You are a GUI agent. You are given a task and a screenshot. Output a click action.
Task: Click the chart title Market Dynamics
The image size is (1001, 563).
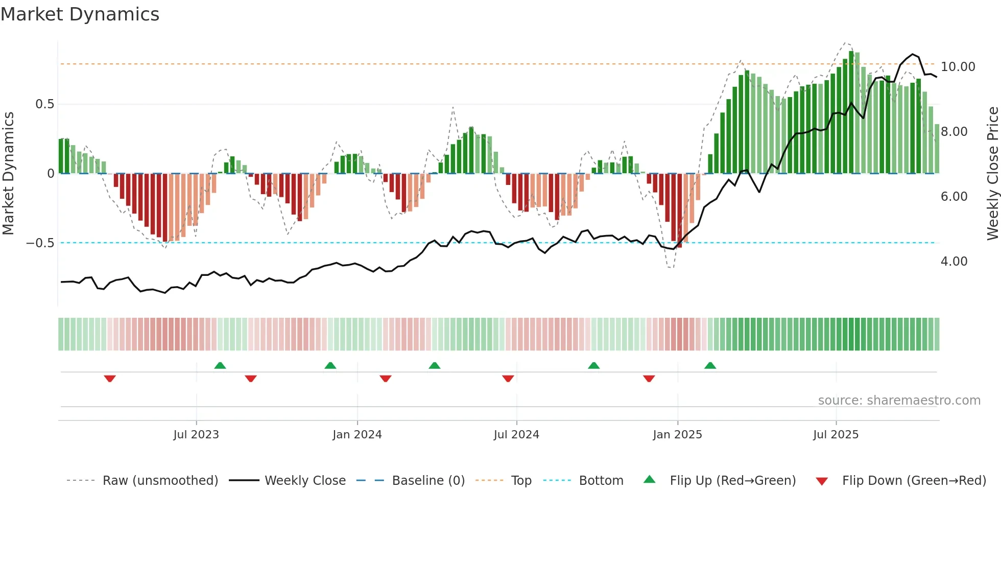[x=80, y=14]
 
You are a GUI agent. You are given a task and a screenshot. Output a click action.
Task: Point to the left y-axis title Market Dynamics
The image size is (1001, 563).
[x=8, y=173]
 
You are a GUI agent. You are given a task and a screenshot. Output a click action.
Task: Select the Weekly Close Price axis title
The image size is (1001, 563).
[x=992, y=173]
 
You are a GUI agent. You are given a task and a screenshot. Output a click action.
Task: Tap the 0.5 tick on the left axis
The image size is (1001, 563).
[x=44, y=104]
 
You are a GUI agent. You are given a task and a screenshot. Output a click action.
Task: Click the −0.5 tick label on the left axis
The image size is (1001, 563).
[x=40, y=243]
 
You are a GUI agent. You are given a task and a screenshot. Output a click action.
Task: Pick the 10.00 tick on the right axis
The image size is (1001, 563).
[x=958, y=67]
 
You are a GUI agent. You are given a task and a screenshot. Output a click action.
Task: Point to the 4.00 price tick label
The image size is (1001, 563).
[x=954, y=262]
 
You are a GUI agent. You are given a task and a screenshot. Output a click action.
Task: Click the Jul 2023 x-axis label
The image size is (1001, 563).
[x=196, y=435]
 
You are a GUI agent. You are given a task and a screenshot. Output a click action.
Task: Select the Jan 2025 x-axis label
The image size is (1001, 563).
[x=677, y=435]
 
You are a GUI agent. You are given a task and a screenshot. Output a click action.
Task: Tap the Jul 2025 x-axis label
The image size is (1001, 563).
[x=836, y=435]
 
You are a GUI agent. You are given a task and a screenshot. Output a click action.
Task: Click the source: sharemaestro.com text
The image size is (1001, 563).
[x=899, y=401]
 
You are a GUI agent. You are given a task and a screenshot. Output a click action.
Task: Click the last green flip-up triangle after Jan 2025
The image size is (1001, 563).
[x=710, y=366]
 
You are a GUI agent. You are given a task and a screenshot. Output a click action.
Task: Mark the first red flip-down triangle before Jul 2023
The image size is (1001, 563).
[x=110, y=379]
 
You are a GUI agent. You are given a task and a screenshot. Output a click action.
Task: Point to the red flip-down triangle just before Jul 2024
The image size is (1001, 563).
[x=508, y=379]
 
